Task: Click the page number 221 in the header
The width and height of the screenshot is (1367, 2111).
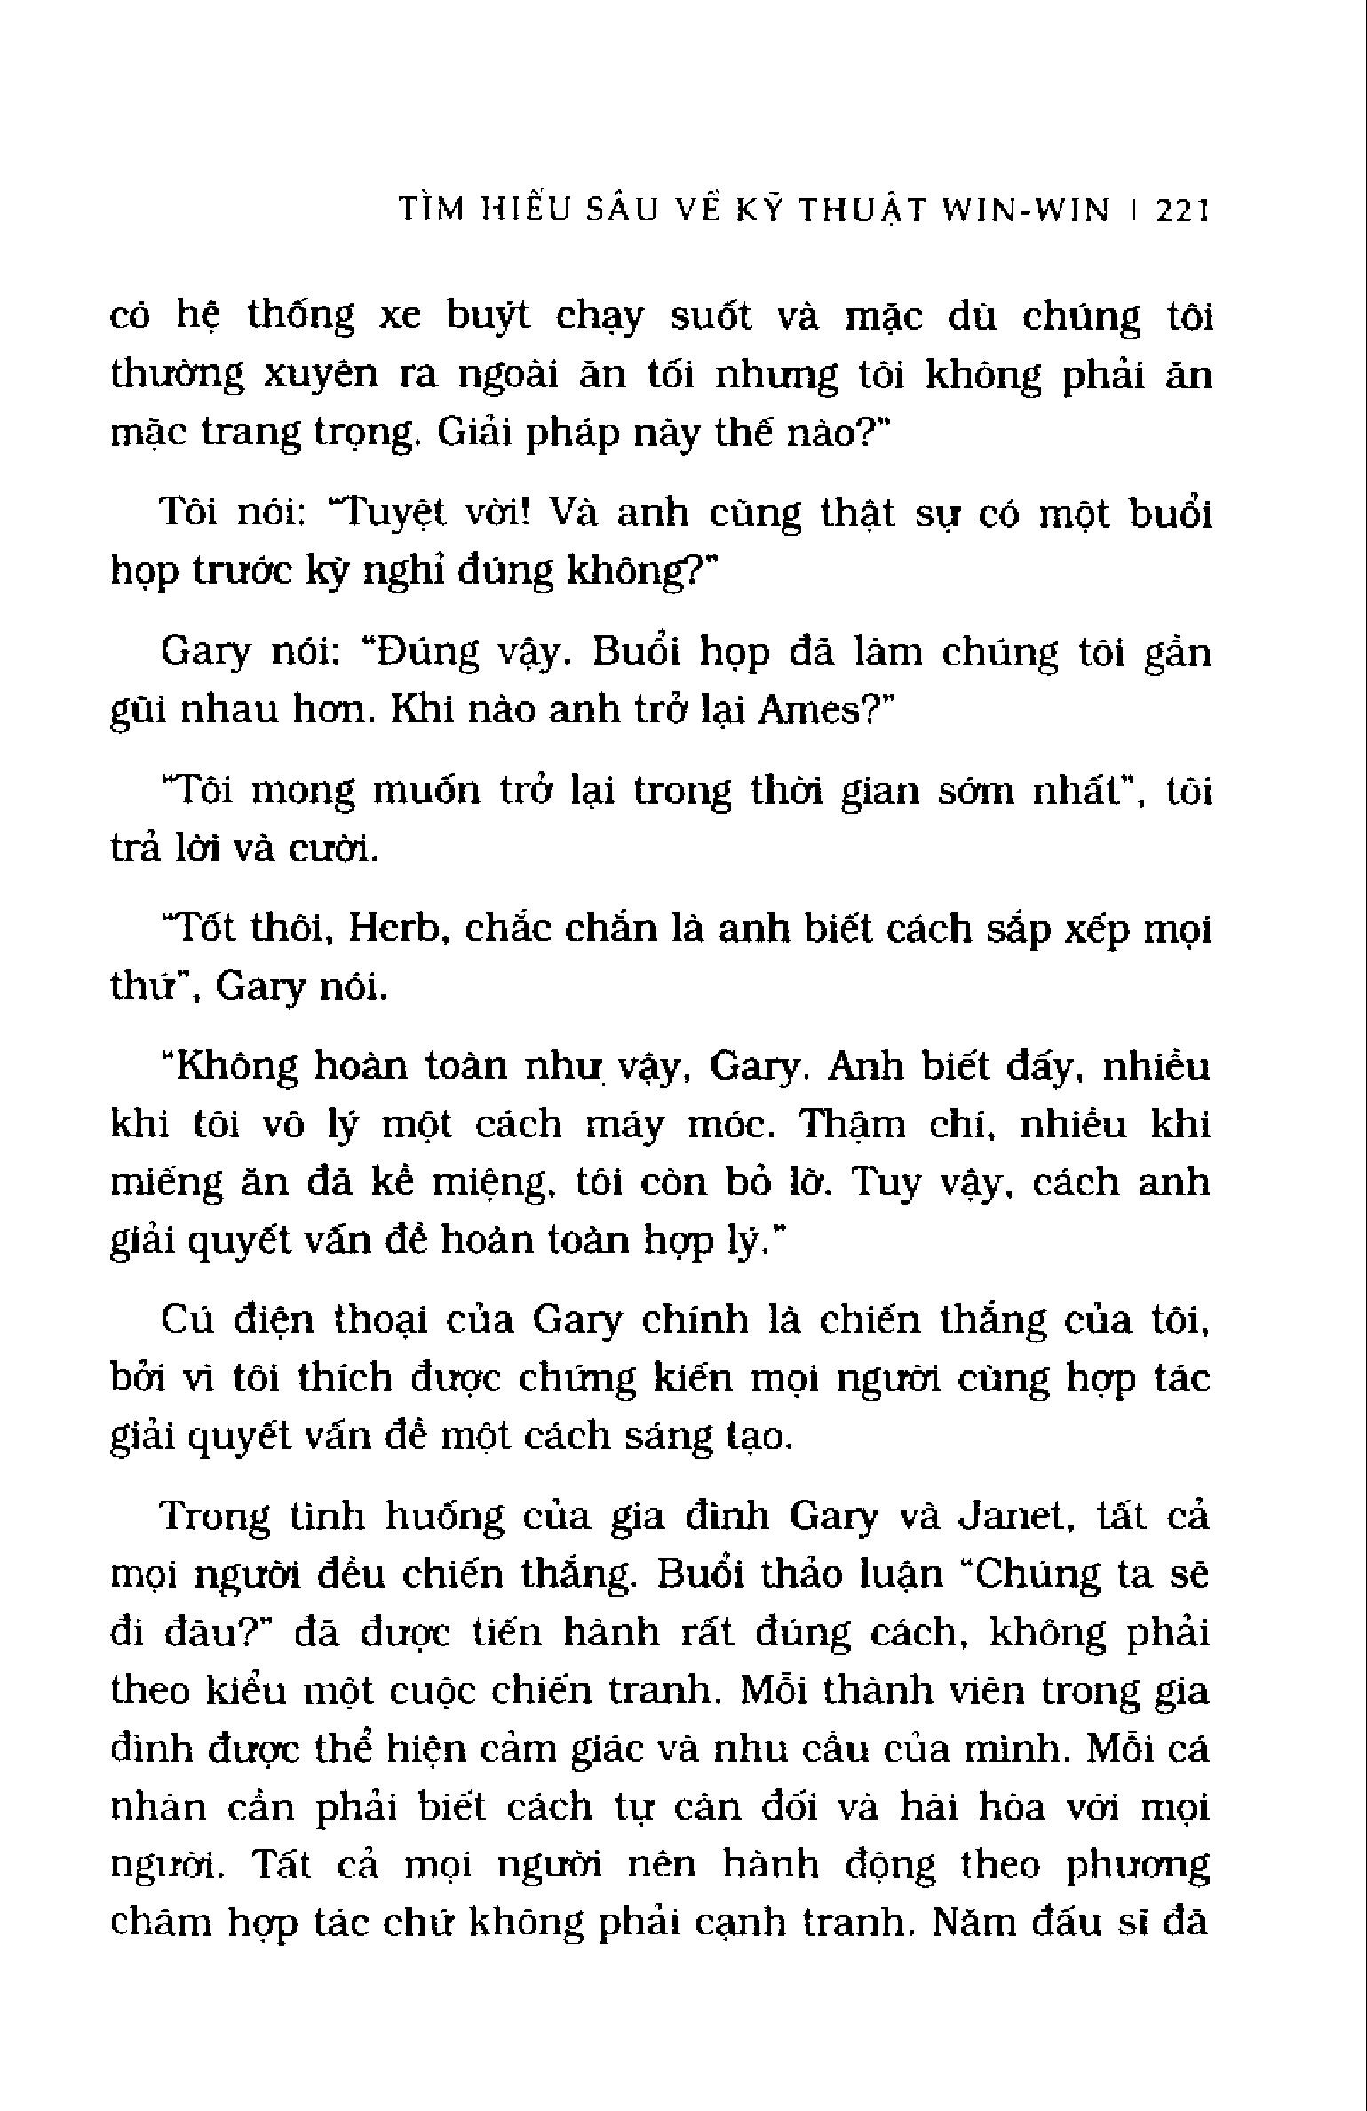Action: tap(1182, 212)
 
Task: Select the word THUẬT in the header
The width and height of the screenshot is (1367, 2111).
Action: tap(861, 212)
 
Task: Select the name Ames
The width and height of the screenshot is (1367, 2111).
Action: tap(807, 712)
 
